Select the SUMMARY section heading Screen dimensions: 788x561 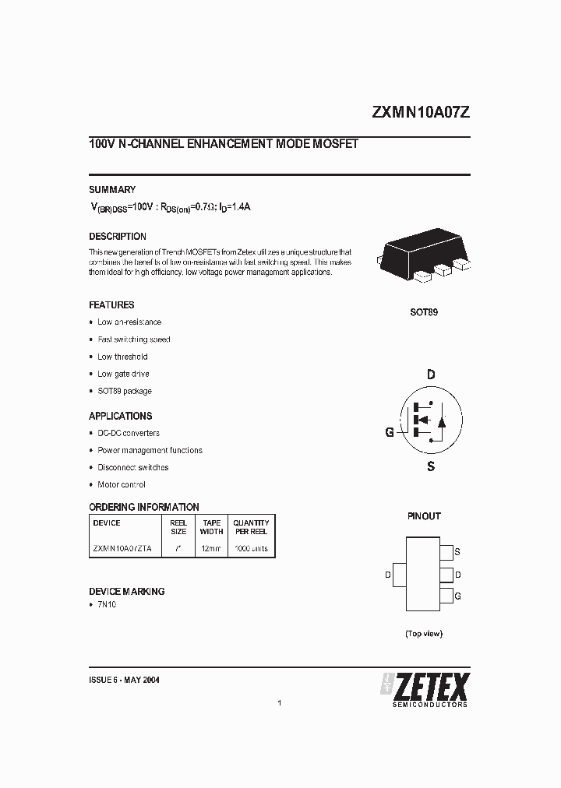(111, 189)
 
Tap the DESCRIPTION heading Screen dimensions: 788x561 (117, 236)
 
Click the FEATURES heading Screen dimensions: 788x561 (111, 304)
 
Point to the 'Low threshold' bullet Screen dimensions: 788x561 (122, 357)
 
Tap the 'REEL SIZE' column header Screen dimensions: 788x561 (178, 527)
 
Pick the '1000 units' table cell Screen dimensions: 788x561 (251, 548)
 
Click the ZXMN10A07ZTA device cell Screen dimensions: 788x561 (123, 548)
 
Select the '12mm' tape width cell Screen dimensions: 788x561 (211, 548)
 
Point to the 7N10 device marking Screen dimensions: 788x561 (107, 605)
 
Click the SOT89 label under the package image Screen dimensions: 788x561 (424, 311)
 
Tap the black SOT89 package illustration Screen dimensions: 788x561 (424, 258)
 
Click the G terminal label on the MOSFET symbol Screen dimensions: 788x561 (390, 432)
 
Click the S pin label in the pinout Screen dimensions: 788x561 (457, 552)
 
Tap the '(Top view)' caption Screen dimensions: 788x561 (424, 633)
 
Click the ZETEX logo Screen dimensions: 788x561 (425, 688)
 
